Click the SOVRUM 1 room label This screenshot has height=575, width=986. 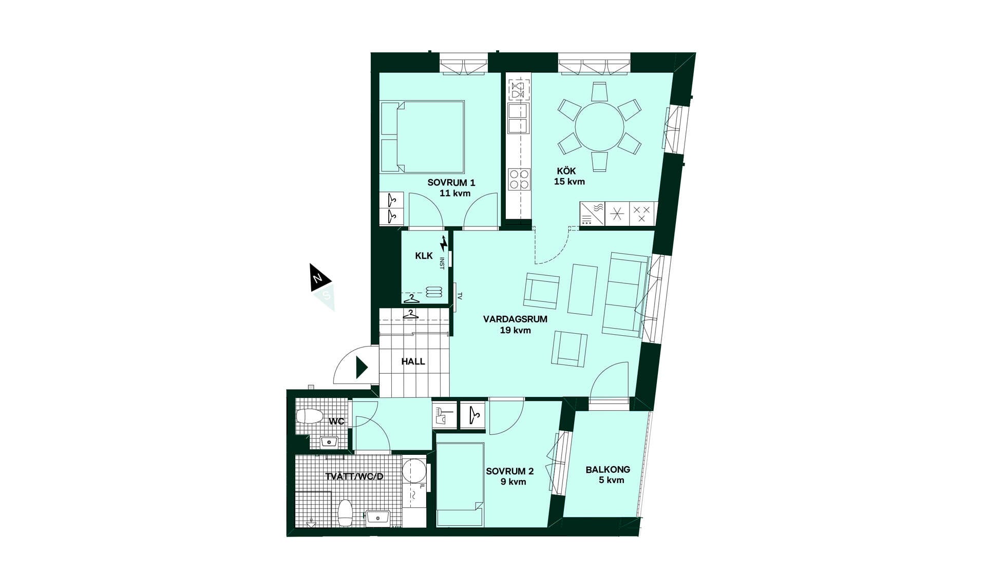click(x=451, y=182)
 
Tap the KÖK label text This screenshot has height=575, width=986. click(x=566, y=170)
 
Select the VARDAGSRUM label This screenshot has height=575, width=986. click(x=515, y=319)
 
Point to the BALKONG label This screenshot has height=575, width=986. click(x=608, y=469)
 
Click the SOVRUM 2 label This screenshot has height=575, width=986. click(x=509, y=471)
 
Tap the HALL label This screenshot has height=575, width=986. click(x=413, y=361)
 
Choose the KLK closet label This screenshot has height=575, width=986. click(x=424, y=256)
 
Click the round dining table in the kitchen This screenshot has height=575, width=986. click(x=599, y=127)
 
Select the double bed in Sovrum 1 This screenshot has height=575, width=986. click(x=422, y=137)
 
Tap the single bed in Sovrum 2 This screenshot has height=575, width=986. click(x=460, y=484)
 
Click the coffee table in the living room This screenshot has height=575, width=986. click(x=582, y=290)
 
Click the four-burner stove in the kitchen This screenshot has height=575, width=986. click(x=519, y=180)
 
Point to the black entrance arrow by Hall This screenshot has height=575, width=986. click(x=362, y=368)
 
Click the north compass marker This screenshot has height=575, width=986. click(x=318, y=278)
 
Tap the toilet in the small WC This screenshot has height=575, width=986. click(x=310, y=416)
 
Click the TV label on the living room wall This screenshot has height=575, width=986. click(x=460, y=296)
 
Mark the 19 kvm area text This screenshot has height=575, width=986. click(x=515, y=330)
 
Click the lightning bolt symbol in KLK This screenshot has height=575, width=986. click(x=444, y=243)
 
